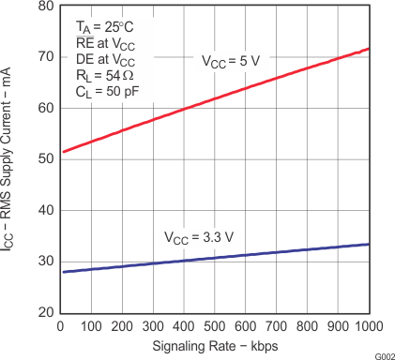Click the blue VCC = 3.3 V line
tap(216, 257)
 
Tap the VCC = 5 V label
tap(231, 60)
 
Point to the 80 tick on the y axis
tap(45, 6)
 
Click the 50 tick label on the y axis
tap(45, 158)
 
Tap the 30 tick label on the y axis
tap(45, 261)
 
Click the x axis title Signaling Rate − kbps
tap(215, 344)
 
